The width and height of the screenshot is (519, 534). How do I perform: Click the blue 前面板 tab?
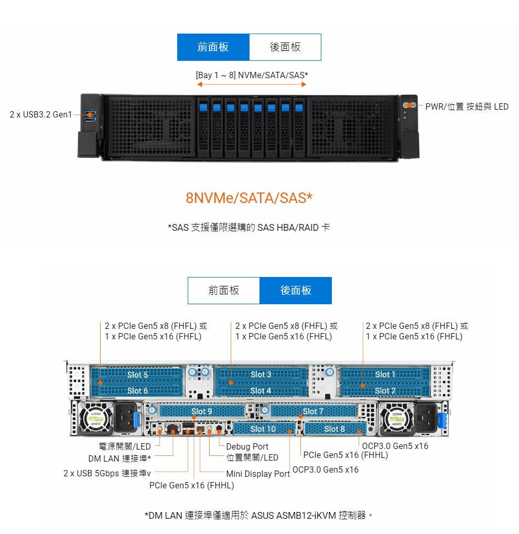coord(213,47)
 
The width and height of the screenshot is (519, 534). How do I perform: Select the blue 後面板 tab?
coord(296,291)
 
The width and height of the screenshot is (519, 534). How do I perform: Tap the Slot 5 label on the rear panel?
coord(137,375)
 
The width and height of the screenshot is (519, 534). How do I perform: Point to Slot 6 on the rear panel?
coord(137,390)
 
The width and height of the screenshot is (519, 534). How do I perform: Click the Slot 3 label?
coord(261,375)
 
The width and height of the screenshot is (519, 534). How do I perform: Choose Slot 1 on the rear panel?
coord(385,375)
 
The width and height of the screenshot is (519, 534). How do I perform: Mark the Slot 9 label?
coord(202,411)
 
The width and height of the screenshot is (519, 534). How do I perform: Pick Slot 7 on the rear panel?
coord(313,411)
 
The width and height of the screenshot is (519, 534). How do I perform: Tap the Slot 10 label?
coord(263,429)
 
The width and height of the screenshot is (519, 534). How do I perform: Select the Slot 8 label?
coord(334,429)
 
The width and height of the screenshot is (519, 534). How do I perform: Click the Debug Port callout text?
coord(247,447)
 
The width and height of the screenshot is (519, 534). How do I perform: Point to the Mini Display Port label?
coord(258,474)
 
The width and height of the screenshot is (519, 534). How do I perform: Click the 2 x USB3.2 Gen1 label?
coord(41,114)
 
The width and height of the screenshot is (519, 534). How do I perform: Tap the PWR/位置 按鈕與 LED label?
coord(467,106)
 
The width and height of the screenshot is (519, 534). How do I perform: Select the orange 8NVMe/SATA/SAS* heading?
coord(249,198)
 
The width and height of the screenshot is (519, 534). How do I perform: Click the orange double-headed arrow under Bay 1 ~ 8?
coord(252,84)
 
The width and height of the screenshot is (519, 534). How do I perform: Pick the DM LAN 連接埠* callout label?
coord(120,458)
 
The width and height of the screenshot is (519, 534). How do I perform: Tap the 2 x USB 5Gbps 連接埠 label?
coord(107,473)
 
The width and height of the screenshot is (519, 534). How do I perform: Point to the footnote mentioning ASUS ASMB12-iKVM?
coord(259,515)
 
